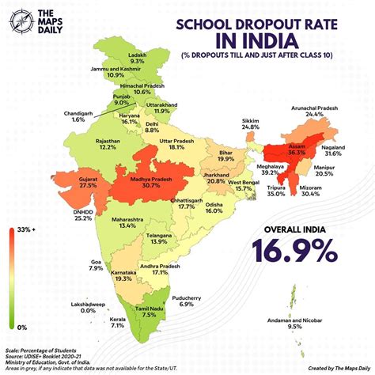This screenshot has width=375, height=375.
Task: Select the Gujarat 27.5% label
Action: tap(66, 181)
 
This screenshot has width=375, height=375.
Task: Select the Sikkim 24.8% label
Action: tap(251, 123)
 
